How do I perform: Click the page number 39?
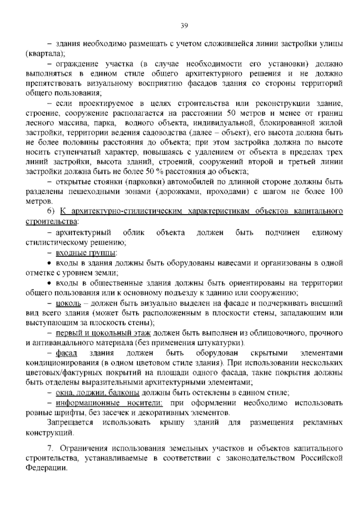click(x=184, y=26)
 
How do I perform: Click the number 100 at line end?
click(x=336, y=191)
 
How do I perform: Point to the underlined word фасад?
click(x=67, y=353)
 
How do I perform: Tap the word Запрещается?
click(x=70, y=423)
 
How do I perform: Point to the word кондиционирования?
click(x=62, y=363)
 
